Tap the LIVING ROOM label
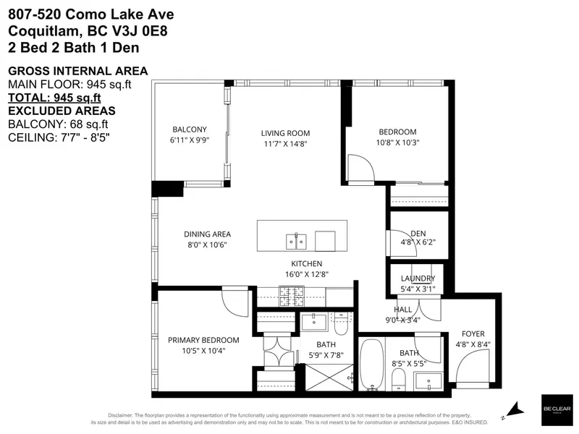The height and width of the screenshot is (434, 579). (285, 133)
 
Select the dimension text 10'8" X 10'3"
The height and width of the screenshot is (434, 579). (397, 142)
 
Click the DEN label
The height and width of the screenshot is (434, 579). (418, 233)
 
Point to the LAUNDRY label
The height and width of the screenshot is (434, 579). (418, 278)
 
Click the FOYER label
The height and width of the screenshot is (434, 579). (473, 333)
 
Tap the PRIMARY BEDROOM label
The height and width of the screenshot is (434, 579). (203, 340)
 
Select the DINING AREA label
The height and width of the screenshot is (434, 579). (206, 234)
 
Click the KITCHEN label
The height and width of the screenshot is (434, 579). (306, 264)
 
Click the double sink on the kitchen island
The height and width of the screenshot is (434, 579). (297, 240)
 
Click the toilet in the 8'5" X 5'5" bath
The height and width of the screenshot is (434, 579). (398, 379)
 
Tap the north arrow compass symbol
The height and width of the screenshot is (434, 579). (515, 410)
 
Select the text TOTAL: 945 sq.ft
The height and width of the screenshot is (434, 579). (54, 98)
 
